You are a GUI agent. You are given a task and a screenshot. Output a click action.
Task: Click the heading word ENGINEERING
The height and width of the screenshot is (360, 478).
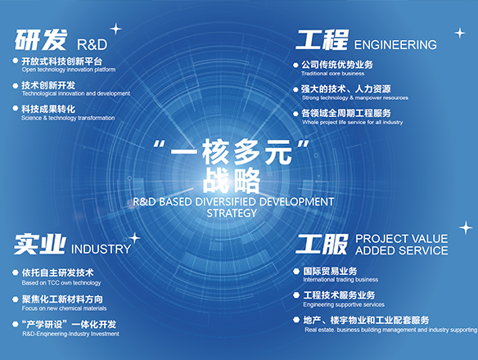[x=395, y=45]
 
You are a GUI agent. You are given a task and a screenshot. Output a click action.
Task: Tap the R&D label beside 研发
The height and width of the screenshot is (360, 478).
[x=92, y=45]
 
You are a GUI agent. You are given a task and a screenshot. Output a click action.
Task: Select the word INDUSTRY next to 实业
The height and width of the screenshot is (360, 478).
[x=101, y=249]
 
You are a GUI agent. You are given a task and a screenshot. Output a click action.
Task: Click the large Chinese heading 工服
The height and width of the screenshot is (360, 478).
[x=322, y=244]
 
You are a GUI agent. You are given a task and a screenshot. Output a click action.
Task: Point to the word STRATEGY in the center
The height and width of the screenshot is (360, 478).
[x=232, y=213]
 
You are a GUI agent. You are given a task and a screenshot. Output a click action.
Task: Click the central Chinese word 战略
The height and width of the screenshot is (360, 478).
[x=232, y=181]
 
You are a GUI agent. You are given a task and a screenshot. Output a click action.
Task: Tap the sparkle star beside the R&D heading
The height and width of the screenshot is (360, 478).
[x=115, y=29]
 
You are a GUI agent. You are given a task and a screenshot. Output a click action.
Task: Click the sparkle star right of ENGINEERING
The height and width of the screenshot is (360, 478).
[x=460, y=33]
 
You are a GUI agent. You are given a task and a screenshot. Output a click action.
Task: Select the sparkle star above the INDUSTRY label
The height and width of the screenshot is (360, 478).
[x=134, y=238]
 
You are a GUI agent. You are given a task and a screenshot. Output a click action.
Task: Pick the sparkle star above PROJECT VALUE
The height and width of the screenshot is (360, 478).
[x=466, y=227]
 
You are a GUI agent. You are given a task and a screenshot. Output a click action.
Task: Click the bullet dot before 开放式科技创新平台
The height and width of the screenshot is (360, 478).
[x=16, y=61]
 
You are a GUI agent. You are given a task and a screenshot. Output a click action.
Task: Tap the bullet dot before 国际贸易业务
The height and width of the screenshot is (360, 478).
[x=296, y=271]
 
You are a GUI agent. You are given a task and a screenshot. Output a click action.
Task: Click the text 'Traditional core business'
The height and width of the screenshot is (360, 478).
[x=332, y=74]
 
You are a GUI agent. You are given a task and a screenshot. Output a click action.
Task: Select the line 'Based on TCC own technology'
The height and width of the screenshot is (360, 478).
[x=61, y=283]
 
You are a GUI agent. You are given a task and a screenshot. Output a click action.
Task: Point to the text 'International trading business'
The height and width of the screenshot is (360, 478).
[x=340, y=280]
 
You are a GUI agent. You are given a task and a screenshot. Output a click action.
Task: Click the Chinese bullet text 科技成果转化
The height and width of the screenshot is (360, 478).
[x=48, y=109]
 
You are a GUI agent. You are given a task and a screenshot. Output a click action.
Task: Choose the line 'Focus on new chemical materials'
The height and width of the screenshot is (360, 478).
[x=65, y=308]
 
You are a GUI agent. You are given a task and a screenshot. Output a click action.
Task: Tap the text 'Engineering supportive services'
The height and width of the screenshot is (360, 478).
[x=344, y=304]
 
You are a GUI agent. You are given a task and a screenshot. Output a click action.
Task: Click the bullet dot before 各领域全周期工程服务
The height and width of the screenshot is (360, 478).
[x=295, y=114]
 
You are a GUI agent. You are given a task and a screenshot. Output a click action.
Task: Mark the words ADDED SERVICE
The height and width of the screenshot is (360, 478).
[x=402, y=250]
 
